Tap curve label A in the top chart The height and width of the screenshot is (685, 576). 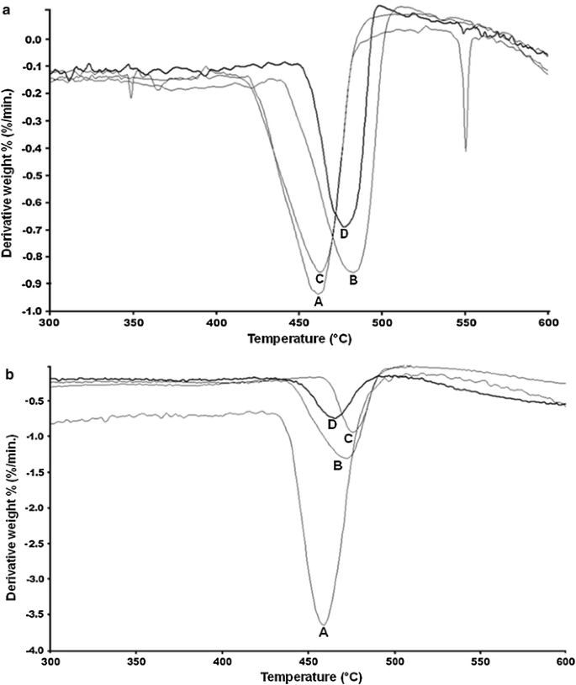(x=318, y=300)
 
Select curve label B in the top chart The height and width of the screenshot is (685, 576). (x=354, y=279)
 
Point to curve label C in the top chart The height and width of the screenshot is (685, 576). (x=320, y=279)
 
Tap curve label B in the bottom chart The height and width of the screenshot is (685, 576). (x=337, y=465)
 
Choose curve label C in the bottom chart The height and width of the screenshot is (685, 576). (x=348, y=438)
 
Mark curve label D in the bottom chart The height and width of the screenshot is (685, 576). (x=332, y=424)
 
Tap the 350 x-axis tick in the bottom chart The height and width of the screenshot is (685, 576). (x=136, y=662)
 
